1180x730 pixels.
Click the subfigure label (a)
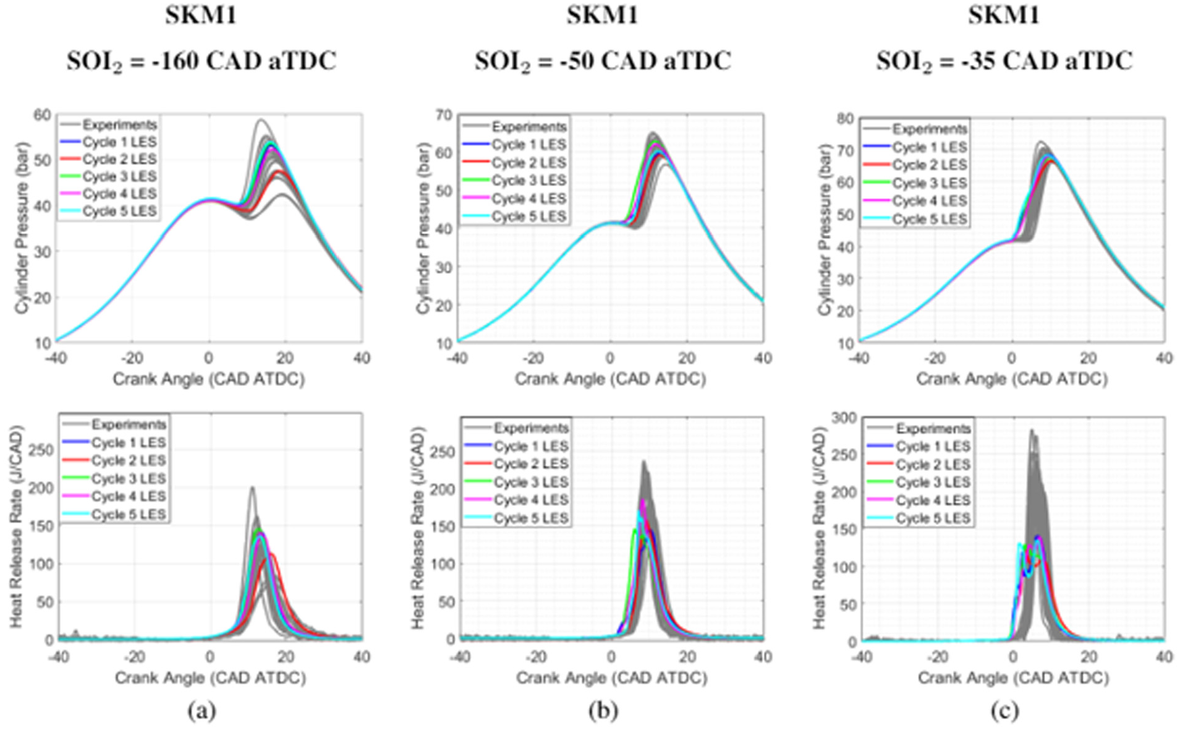(x=202, y=711)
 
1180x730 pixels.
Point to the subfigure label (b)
(x=603, y=711)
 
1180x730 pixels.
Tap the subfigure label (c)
(x=1004, y=711)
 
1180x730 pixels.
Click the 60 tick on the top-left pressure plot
(x=43, y=115)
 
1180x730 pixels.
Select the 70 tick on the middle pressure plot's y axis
(x=444, y=115)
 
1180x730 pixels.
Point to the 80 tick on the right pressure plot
(x=845, y=118)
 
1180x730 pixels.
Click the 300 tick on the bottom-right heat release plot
(x=844, y=418)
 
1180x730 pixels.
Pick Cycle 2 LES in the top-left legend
(x=119, y=160)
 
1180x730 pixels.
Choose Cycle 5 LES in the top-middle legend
(x=528, y=217)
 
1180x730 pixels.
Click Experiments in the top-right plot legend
(x=930, y=129)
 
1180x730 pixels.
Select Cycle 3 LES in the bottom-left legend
(x=129, y=479)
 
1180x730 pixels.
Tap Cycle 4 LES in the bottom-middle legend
(x=531, y=500)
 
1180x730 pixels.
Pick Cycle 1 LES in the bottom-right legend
(x=933, y=447)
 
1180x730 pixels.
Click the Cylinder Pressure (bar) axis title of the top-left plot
(x=22, y=229)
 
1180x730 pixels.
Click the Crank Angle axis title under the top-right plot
(x=1012, y=379)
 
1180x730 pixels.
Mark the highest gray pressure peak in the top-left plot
(x=261, y=119)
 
